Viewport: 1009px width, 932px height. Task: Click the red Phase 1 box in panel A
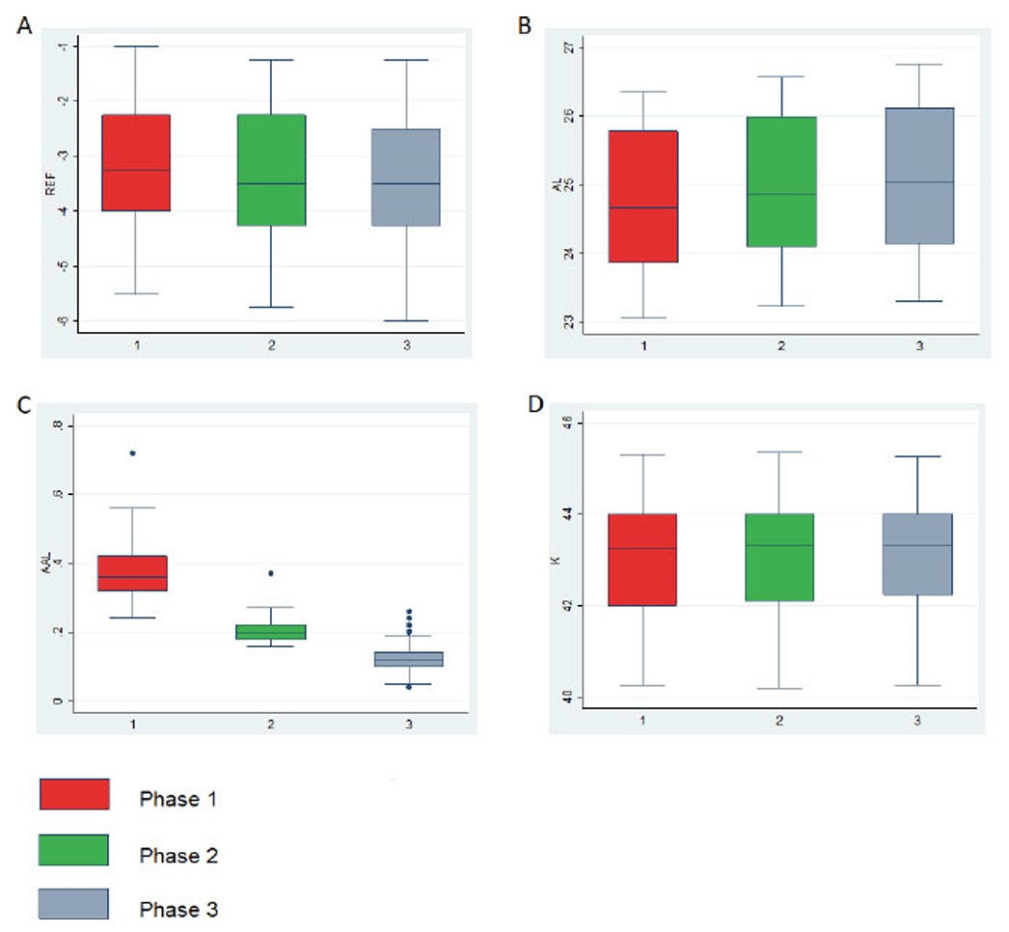(x=136, y=162)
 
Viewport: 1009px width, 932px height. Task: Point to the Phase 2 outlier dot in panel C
(x=271, y=573)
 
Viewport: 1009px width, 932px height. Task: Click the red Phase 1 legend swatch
(x=73, y=794)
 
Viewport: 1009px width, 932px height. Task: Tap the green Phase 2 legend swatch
(x=73, y=850)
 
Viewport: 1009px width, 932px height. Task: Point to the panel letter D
(x=526, y=402)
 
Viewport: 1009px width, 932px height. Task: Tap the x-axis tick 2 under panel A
(x=271, y=343)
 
